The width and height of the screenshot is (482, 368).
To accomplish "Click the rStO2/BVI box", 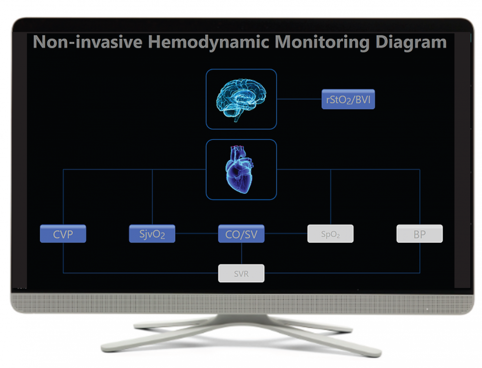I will tap(348, 99).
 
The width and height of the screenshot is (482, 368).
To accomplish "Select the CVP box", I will tap(63, 234).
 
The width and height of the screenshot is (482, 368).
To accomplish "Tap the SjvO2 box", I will tap(152, 234).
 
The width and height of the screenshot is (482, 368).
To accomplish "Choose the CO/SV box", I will tap(241, 234).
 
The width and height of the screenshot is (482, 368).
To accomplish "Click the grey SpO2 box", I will tap(330, 234).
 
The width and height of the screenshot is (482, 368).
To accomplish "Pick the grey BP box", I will tap(419, 234).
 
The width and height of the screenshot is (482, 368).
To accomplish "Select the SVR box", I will tap(241, 273).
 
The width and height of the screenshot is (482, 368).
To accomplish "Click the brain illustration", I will tap(241, 98).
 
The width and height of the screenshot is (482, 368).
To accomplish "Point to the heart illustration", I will tap(240, 170).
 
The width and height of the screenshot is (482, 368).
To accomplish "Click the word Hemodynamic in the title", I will tap(209, 42).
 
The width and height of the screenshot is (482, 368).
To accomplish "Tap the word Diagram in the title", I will tap(411, 42).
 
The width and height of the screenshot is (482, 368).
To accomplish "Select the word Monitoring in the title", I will tap(322, 42).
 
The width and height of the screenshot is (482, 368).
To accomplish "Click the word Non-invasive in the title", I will tap(88, 42).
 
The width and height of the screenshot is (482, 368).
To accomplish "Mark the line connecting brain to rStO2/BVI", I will tap(299, 99).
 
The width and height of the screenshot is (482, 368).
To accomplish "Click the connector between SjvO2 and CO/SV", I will tap(197, 233).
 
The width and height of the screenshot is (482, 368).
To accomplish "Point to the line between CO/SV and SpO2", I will tap(286, 233).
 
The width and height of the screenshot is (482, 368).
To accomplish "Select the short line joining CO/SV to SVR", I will tap(241, 254).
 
